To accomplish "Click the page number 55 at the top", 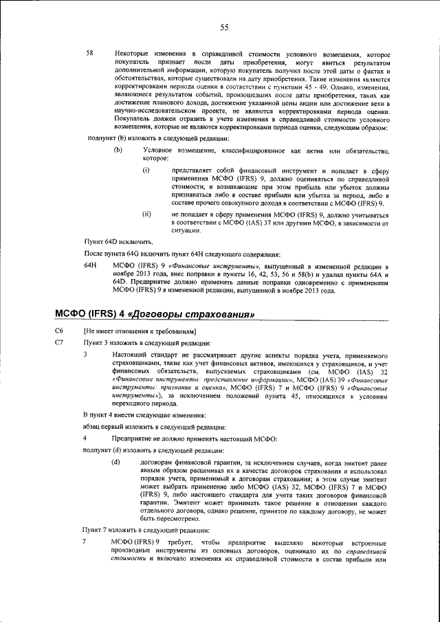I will (x=224, y=27).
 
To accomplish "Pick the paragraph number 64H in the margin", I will (x=90, y=265).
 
